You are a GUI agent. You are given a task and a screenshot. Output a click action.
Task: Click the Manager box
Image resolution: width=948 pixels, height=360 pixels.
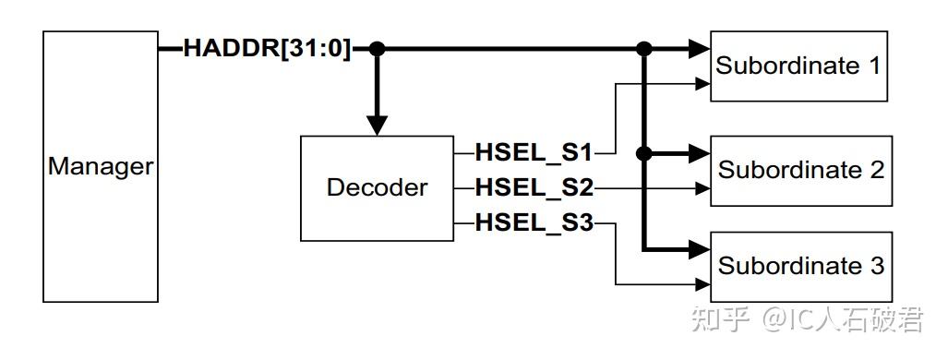[x=101, y=167]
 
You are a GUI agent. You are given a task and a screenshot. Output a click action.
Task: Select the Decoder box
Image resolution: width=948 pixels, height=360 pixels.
[x=377, y=188]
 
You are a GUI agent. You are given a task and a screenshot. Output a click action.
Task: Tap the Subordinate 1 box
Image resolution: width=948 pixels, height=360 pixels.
[x=798, y=66]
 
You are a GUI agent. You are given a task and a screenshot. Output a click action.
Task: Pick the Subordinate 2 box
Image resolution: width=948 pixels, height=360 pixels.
[x=800, y=171]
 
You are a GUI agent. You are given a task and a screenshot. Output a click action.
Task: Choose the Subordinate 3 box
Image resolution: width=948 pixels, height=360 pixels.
[x=800, y=266]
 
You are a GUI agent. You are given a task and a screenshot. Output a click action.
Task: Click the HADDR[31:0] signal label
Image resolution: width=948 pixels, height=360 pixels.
[x=268, y=48]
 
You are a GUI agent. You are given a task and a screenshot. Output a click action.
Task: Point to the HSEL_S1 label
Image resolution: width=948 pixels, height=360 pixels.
[x=534, y=151]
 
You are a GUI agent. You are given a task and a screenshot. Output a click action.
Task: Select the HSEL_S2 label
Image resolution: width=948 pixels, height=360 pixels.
[x=534, y=188]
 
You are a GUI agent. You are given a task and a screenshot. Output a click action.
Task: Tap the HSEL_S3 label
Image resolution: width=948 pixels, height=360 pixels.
[x=534, y=224]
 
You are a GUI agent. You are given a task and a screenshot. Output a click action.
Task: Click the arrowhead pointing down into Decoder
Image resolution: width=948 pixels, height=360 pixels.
[x=377, y=126]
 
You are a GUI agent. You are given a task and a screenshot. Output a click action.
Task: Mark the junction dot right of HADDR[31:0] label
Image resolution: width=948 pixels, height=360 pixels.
[x=377, y=49]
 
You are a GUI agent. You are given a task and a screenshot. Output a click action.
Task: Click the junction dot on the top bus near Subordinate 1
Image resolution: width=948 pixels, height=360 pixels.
[x=644, y=49]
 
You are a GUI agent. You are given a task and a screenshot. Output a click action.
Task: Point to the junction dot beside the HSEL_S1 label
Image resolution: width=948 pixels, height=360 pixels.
[x=644, y=152]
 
